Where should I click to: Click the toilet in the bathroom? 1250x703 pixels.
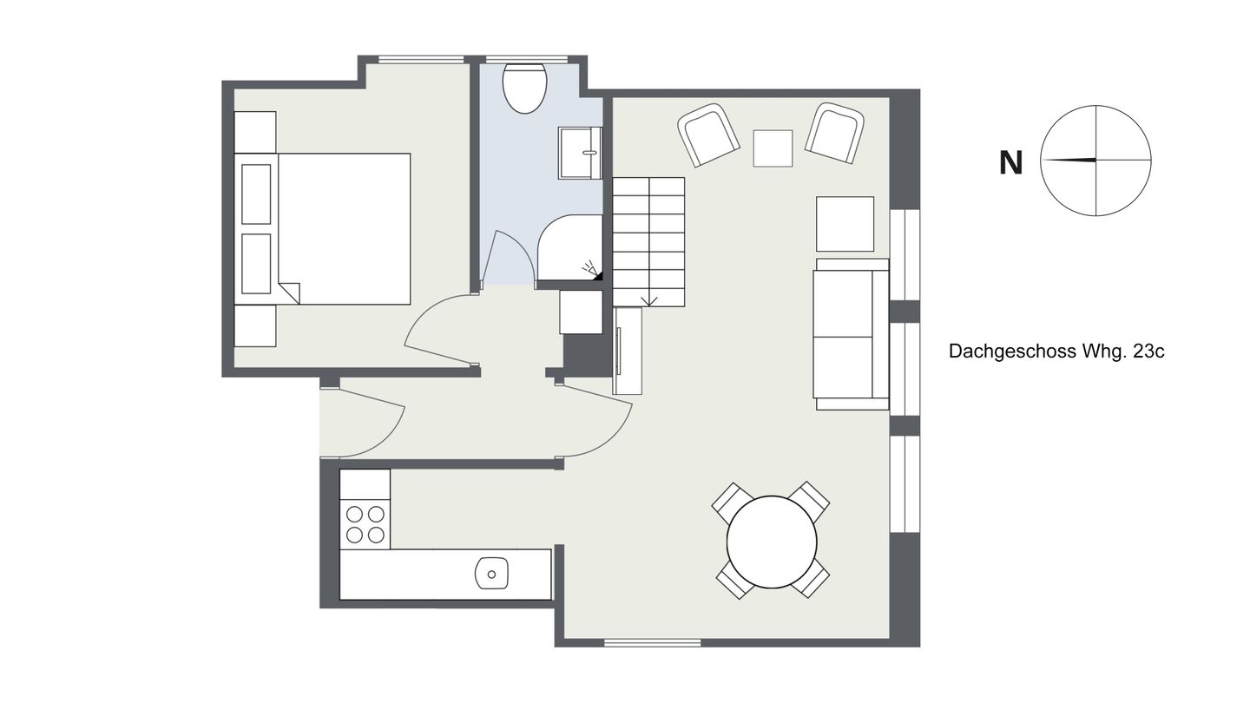(524, 89)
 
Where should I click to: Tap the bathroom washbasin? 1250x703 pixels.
(581, 153)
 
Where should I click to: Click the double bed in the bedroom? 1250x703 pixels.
(322, 229)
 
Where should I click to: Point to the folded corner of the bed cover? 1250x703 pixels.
(289, 292)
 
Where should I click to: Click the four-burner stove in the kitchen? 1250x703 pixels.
(365, 524)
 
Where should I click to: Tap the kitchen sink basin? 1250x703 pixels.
(491, 574)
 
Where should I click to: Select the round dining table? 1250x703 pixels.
(772, 542)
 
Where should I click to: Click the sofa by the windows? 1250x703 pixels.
(851, 334)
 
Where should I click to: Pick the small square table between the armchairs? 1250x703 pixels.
(773, 148)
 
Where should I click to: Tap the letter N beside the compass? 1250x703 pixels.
(1010, 163)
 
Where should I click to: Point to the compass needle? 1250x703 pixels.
(1069, 161)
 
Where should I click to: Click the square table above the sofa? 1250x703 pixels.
(845, 224)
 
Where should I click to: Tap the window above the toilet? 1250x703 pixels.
(527, 59)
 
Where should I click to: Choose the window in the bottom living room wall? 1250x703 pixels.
(653, 643)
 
